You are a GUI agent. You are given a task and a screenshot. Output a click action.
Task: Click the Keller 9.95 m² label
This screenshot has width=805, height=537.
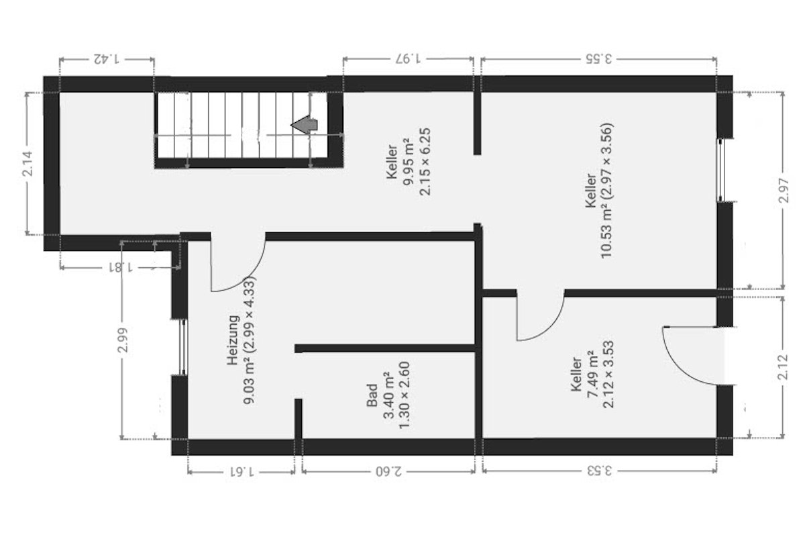[x=407, y=163]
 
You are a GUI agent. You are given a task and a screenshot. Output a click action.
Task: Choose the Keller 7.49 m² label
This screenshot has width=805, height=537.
[x=591, y=385]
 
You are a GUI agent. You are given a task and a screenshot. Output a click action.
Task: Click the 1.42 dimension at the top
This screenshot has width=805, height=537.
[x=106, y=59]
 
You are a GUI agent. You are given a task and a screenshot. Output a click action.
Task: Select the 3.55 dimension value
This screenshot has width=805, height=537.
[x=599, y=59]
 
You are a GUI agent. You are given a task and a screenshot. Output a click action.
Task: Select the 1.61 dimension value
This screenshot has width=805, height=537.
[x=241, y=471]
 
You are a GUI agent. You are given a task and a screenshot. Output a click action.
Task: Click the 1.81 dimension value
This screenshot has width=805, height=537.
[x=119, y=266]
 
